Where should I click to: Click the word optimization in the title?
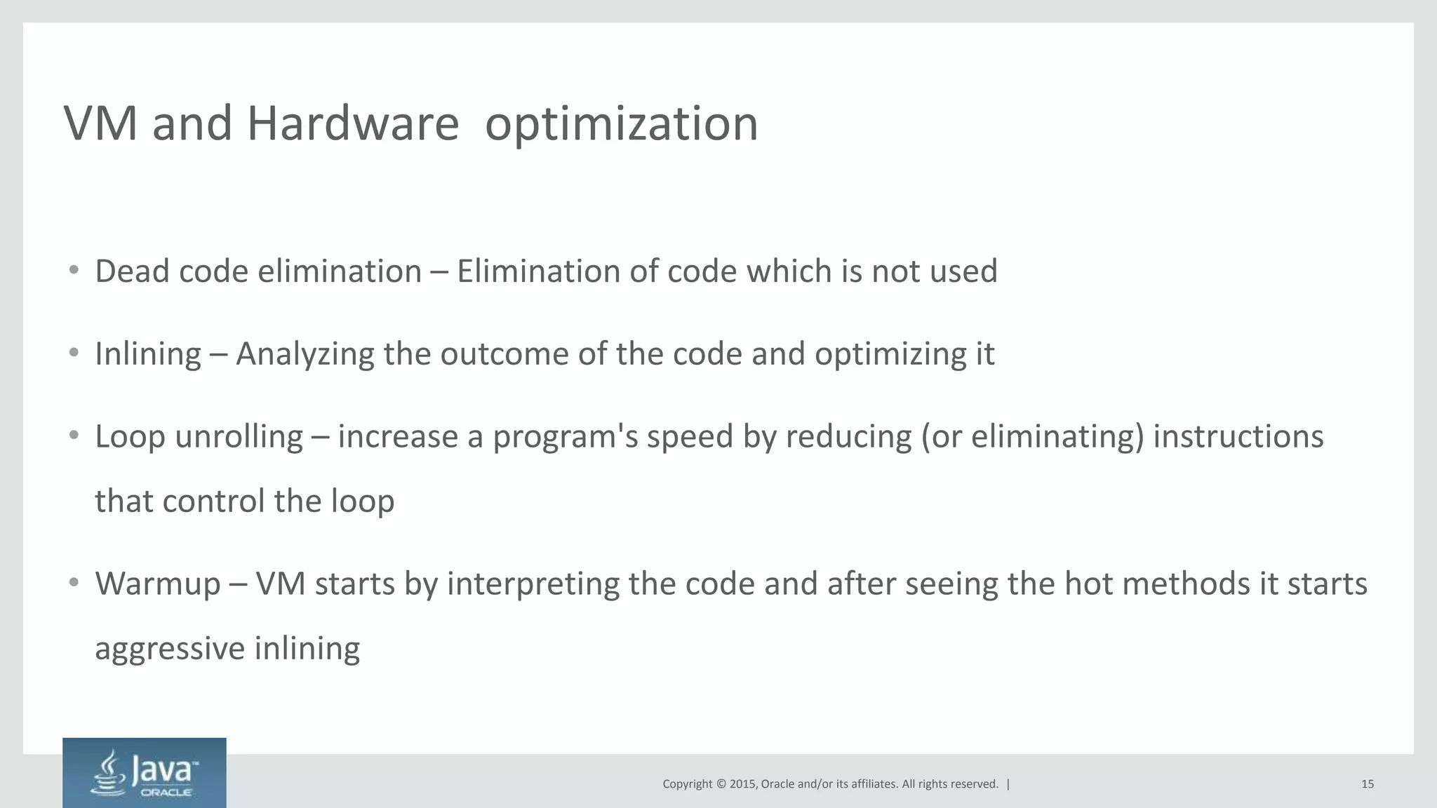(x=621, y=125)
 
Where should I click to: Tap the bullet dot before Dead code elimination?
(x=74, y=271)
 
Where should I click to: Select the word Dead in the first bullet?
(x=133, y=271)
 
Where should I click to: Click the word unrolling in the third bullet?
(x=239, y=437)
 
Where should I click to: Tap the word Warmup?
(x=158, y=584)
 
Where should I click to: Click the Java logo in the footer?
(x=145, y=772)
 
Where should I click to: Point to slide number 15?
(x=1367, y=784)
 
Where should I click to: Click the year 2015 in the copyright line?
(x=742, y=784)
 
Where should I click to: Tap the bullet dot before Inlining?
(x=74, y=353)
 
